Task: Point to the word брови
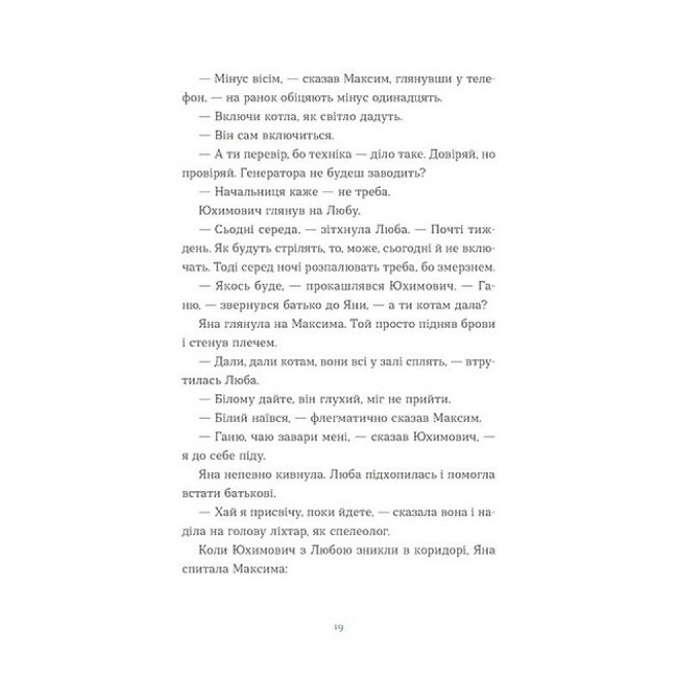485,327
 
